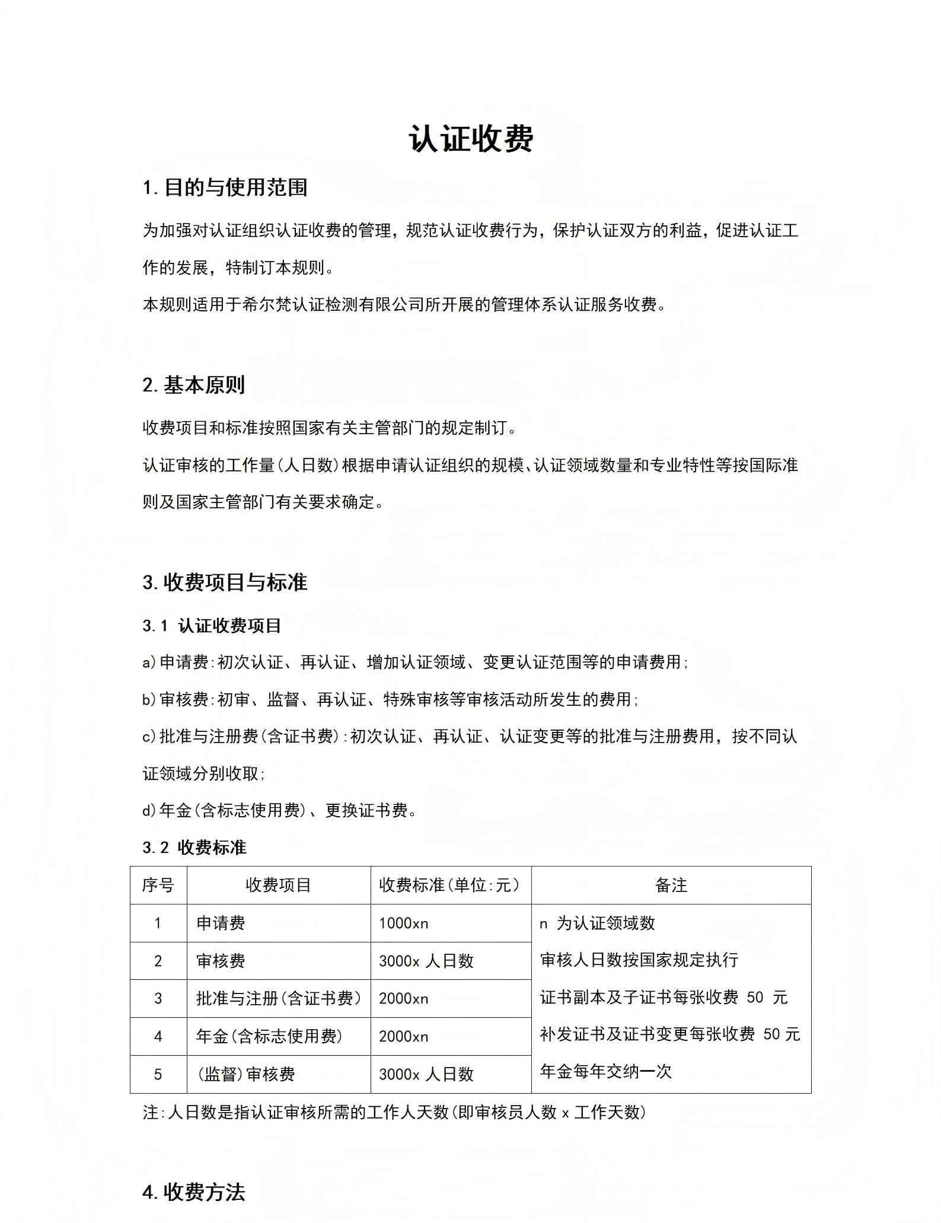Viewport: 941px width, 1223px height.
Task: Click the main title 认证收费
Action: (x=471, y=139)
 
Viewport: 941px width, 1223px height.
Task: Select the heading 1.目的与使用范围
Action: (x=225, y=187)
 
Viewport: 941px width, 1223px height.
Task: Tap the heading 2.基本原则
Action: (x=193, y=385)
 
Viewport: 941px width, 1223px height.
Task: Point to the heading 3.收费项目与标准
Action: (x=225, y=582)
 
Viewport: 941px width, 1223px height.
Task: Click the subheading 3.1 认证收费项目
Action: (x=212, y=626)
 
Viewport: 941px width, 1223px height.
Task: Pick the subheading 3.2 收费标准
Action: (x=194, y=848)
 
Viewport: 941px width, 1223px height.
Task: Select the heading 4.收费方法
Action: (x=193, y=1192)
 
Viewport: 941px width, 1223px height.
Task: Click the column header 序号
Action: (x=158, y=886)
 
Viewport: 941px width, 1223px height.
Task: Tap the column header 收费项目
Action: (x=278, y=886)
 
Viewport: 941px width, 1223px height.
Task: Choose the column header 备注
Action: (x=671, y=886)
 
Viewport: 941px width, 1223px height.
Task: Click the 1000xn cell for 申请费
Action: (x=404, y=923)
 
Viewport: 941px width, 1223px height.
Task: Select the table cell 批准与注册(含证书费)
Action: (x=279, y=999)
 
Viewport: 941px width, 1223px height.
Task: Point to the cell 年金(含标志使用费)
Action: (x=270, y=1036)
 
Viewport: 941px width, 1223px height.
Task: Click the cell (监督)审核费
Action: (x=245, y=1074)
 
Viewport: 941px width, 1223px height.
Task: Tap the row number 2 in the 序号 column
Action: (x=158, y=961)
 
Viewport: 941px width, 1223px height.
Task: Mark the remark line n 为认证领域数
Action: (x=597, y=923)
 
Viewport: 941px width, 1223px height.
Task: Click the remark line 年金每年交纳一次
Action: (x=605, y=1071)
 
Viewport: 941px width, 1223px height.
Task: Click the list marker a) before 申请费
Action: (x=149, y=663)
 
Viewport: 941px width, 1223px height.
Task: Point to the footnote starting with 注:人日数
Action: (x=394, y=1112)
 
